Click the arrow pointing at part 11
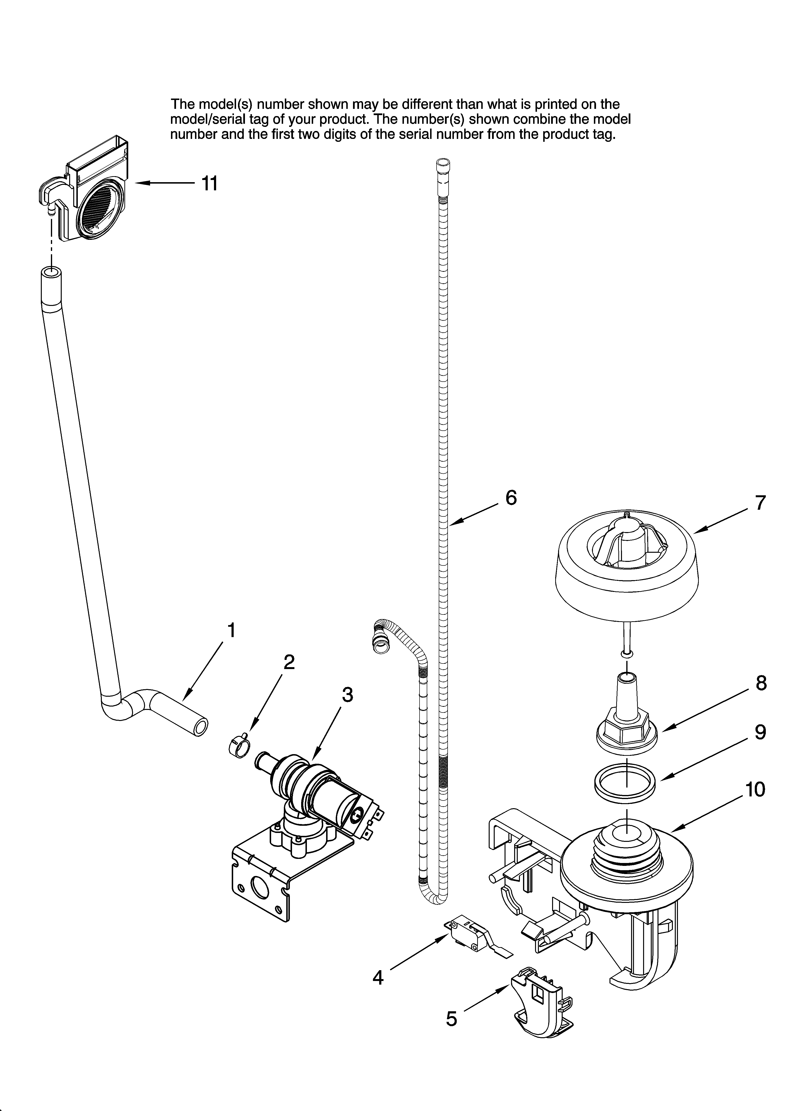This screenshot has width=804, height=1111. tap(164, 183)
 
